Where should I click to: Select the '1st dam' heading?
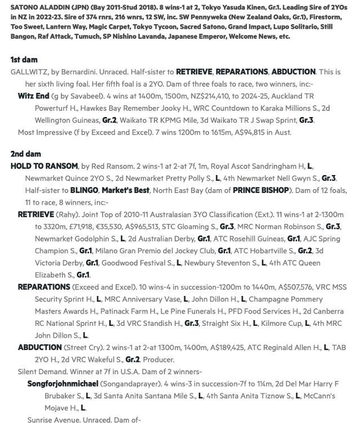pos(24,60)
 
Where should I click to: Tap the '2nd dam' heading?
pos(25,154)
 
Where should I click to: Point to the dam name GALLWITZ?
pos(29,72)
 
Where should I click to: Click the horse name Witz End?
pos(33,96)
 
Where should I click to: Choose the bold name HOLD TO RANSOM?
pos(44,166)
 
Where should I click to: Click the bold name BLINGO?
pos(84,190)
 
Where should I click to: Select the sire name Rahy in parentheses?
pos(65,214)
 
